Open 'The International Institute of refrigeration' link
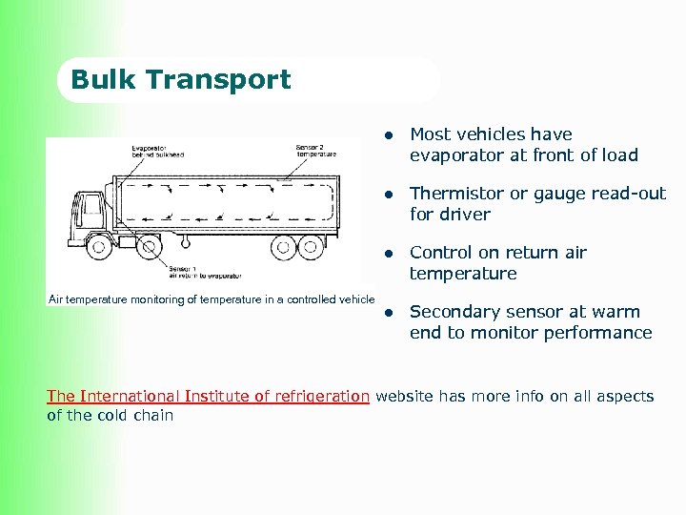pos(208,396)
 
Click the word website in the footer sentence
pos(404,396)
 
